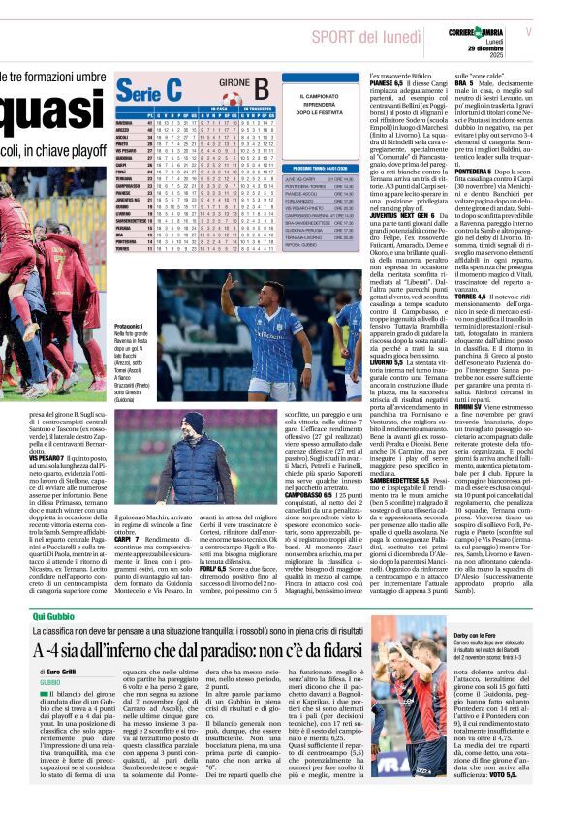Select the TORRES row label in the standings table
point(127,248)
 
